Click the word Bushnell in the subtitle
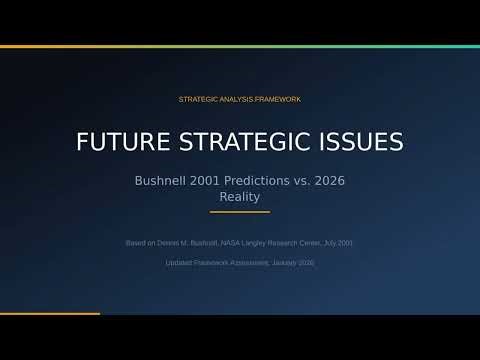(x=164, y=181)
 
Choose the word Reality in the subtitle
(x=240, y=197)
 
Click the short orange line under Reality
(x=240, y=212)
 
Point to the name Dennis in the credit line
(x=180, y=243)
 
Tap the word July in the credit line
(x=330, y=243)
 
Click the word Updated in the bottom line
(x=179, y=262)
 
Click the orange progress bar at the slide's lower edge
(x=50, y=314)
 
